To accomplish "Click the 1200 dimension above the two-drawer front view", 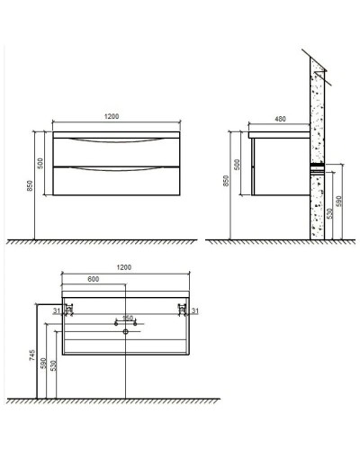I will click(x=113, y=117).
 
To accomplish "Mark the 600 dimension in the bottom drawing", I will click(x=94, y=279).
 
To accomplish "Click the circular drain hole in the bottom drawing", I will click(x=125, y=331).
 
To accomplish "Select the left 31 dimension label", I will click(x=56, y=311).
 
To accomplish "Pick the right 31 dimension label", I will click(x=193, y=311).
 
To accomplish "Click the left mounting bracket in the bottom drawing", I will click(x=67, y=311).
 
